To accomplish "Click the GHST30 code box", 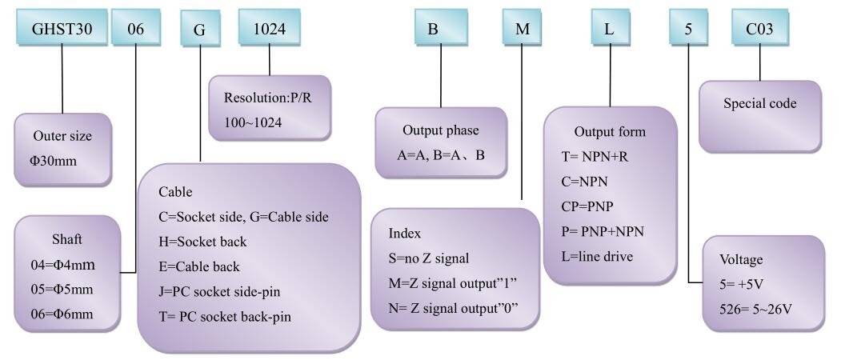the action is point(62,27).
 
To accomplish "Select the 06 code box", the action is point(136,27).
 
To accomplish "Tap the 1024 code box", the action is point(269,27).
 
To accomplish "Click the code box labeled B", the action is point(441,27).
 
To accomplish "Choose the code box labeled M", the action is point(523,27).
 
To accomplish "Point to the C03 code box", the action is point(760,27).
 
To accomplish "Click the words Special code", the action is point(760,103).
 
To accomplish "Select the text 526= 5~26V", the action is point(756,310).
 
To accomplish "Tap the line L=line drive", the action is point(597,257).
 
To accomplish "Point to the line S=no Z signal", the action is point(429,258).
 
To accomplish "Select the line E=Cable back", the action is point(199,266).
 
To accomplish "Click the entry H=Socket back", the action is point(202,242).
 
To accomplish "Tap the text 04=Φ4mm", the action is point(62,265).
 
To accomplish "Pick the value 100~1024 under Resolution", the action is point(253,122).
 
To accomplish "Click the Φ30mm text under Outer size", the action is point(54,161).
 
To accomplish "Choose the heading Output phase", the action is point(440,130).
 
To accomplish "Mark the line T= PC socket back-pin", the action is point(225,317).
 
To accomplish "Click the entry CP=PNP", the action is point(587,206).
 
